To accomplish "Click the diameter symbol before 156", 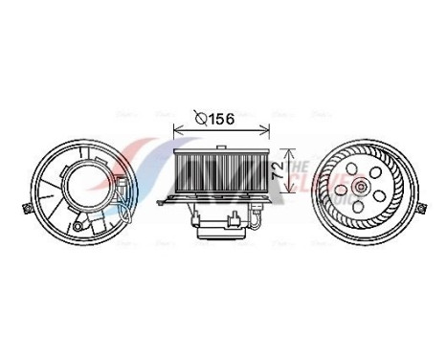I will coord(201,119).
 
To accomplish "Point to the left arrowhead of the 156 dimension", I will coord(176,131).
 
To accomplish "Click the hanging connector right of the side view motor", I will coord(259,209).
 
